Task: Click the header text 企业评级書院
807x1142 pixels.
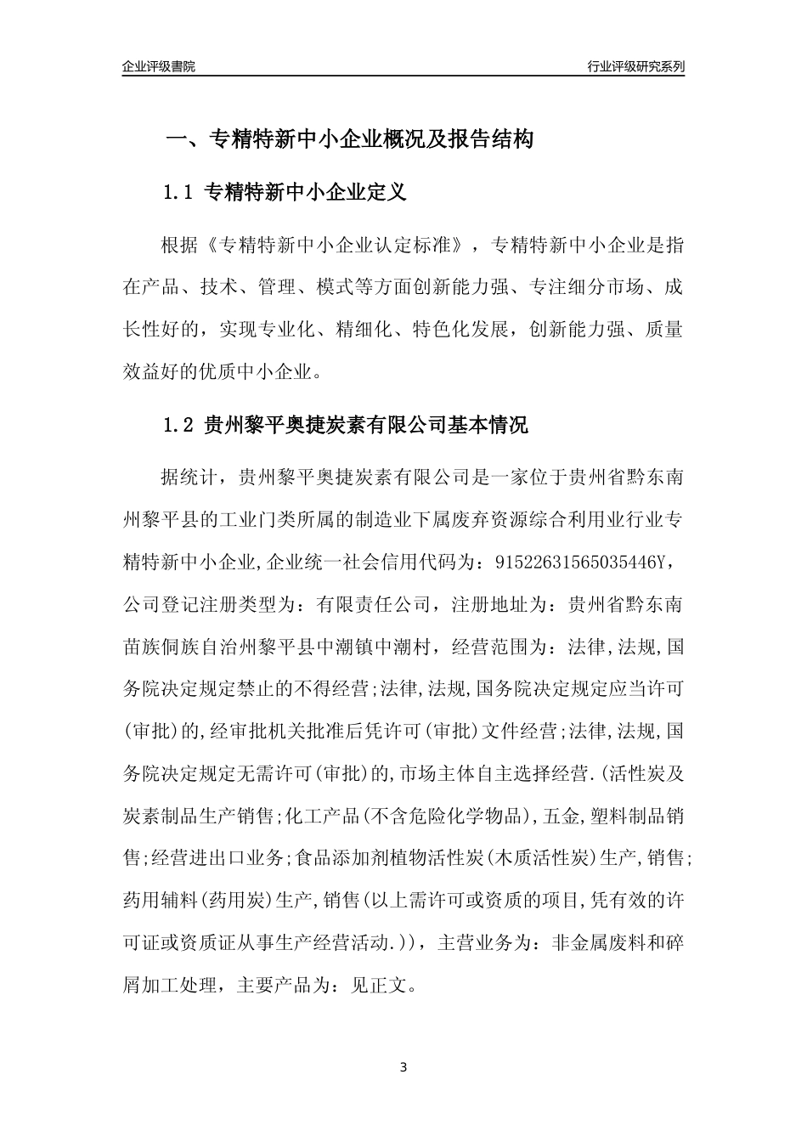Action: coord(159,67)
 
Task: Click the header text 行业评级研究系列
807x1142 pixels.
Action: coord(635,67)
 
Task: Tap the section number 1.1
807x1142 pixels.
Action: coord(179,193)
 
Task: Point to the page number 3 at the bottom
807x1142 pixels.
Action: coord(403,1067)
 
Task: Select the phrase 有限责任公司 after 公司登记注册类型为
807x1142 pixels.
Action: coord(370,605)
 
